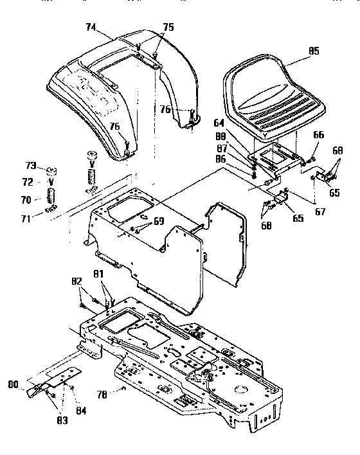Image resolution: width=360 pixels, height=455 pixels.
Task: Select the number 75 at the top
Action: (x=168, y=27)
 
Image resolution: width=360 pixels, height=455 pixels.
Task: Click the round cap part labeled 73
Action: (x=51, y=170)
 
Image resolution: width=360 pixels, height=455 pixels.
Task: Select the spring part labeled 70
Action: (x=51, y=193)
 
